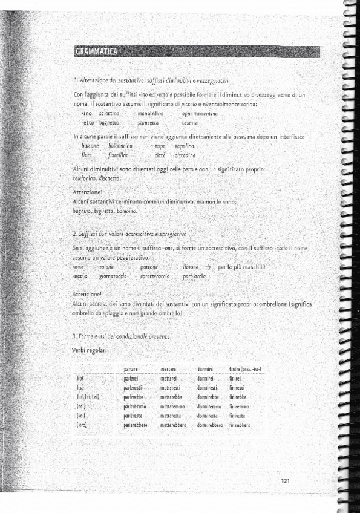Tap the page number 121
click(x=286, y=480)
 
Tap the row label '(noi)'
click(x=80, y=407)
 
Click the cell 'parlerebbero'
click(x=136, y=425)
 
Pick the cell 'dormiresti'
click(x=209, y=388)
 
